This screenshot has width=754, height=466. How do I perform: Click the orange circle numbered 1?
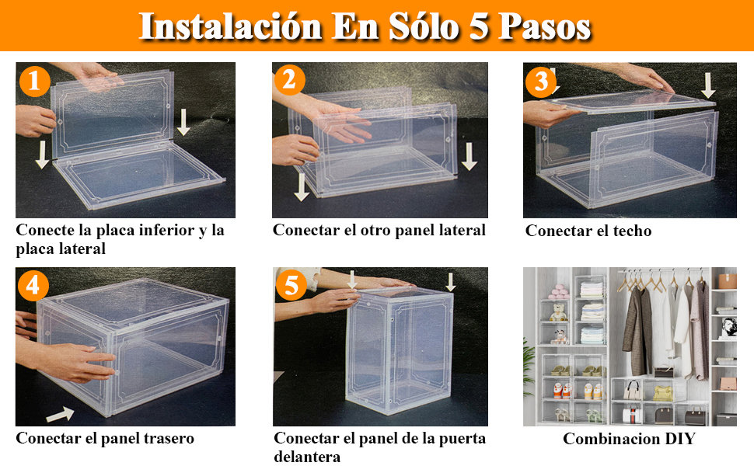(x=35, y=82)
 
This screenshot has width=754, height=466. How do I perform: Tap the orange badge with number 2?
(x=289, y=80)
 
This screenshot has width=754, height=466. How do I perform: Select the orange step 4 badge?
(x=33, y=286)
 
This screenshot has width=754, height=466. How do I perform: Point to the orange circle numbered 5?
(x=291, y=286)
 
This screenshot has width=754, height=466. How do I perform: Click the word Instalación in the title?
(x=229, y=26)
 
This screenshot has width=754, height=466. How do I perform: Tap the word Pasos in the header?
(x=544, y=26)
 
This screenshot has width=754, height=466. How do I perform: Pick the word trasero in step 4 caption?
(x=163, y=439)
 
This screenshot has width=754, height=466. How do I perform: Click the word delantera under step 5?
(x=307, y=457)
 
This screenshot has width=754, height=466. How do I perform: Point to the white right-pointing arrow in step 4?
(x=60, y=415)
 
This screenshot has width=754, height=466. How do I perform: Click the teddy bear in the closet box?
(x=558, y=314)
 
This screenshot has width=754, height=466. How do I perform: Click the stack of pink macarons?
(x=557, y=292)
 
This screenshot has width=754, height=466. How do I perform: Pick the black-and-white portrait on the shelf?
(x=728, y=326)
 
